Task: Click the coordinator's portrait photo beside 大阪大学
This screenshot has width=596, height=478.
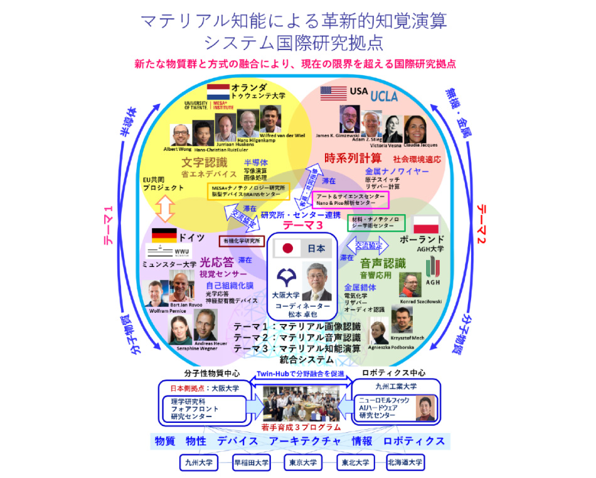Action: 317,282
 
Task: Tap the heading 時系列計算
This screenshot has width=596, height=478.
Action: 352,156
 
